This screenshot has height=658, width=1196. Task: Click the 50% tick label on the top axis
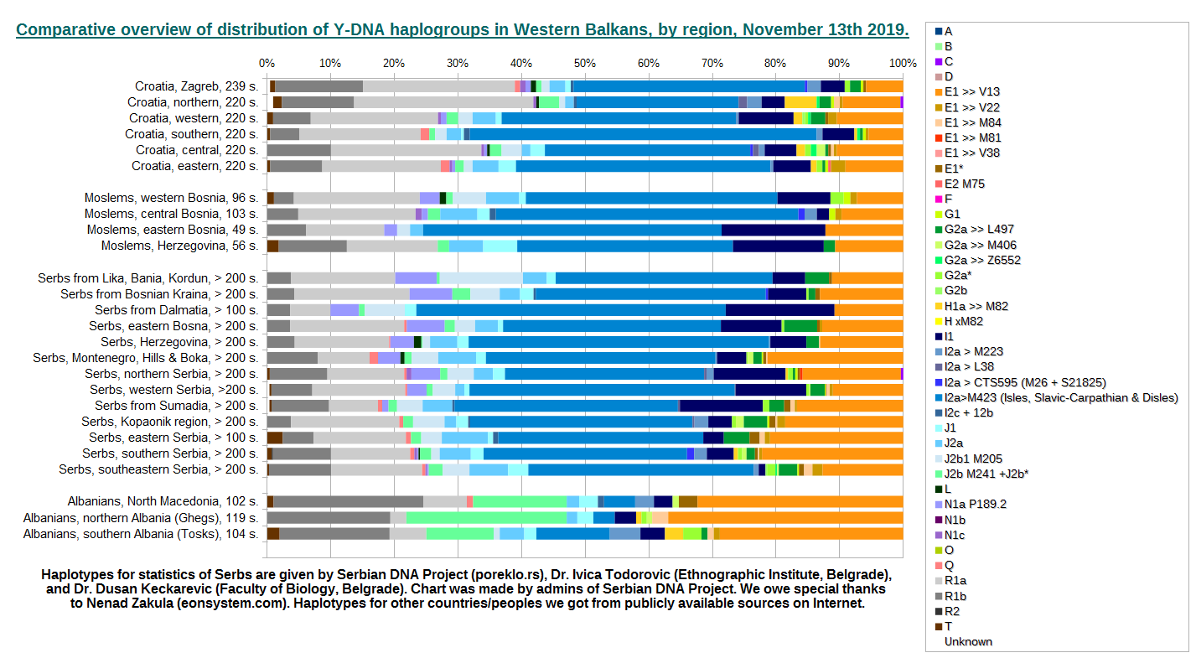pyautogui.click(x=584, y=63)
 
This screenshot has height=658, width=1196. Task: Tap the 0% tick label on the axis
pyautogui.click(x=267, y=63)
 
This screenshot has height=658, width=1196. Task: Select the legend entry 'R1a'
pyautogui.click(x=955, y=580)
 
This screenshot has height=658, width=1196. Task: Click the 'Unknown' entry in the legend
pyautogui.click(x=968, y=641)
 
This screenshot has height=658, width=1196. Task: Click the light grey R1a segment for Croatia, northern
pyautogui.click(x=443, y=102)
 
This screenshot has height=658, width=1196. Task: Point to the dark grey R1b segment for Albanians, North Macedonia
pyautogui.click(x=348, y=501)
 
